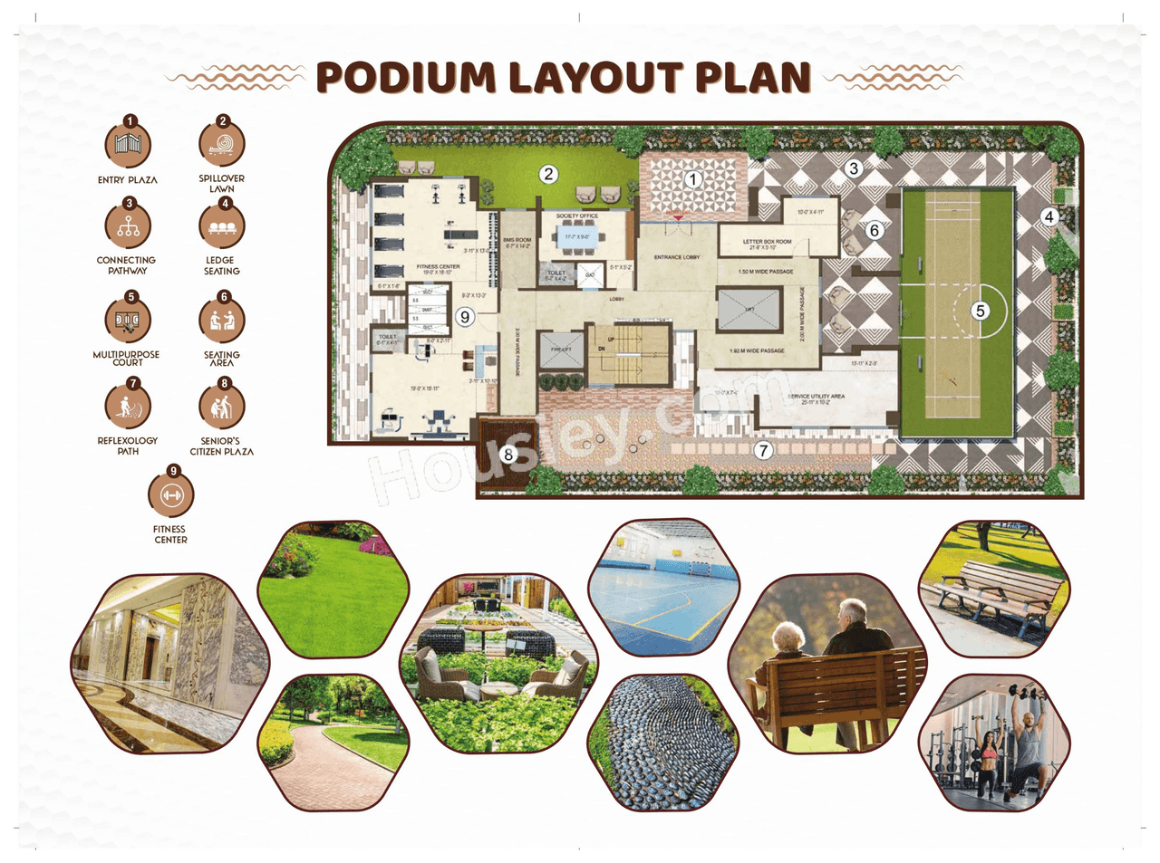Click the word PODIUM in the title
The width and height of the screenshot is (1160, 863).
click(405, 78)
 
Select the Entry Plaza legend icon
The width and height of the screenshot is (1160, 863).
click(128, 145)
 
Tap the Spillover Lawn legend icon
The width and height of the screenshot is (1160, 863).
click(222, 143)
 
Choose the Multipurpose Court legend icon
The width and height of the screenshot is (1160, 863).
click(128, 320)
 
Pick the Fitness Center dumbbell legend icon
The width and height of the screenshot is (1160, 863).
click(171, 494)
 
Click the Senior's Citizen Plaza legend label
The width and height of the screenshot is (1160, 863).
click(222, 446)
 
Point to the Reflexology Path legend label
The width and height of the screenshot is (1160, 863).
click(128, 446)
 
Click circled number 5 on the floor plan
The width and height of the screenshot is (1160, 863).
click(980, 311)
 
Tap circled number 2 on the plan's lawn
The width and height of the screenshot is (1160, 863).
click(548, 174)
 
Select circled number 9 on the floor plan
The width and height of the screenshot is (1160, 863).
click(465, 317)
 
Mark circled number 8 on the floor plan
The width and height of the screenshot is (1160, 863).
click(508, 455)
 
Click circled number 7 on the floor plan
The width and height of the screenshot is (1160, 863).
click(764, 450)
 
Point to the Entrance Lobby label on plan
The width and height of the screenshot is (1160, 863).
click(677, 257)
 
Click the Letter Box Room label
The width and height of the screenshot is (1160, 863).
click(767, 243)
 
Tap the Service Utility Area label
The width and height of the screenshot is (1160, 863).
click(816, 398)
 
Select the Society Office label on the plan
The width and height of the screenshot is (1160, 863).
click(577, 216)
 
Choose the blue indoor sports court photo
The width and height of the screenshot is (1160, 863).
click(663, 588)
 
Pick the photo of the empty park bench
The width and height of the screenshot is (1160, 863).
click(994, 588)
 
